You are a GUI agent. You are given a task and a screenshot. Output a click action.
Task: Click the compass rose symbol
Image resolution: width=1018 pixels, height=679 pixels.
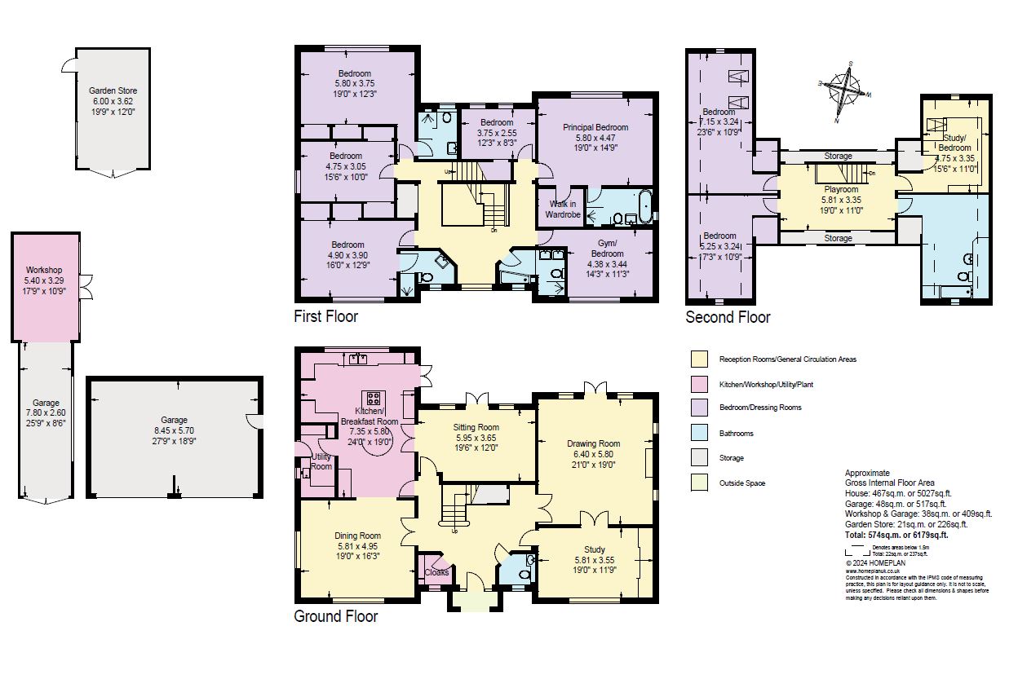click(843, 90)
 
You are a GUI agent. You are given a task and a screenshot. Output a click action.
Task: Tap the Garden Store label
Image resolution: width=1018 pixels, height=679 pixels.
click(113, 91)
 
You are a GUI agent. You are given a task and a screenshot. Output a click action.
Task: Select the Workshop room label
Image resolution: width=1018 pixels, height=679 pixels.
click(44, 270)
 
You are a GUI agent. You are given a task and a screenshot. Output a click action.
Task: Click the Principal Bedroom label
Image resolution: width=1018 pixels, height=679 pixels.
click(595, 127)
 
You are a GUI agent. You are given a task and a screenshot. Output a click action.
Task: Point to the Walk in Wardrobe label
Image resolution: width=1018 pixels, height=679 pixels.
click(564, 209)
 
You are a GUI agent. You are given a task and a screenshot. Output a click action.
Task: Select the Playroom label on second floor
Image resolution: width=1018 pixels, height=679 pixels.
click(841, 189)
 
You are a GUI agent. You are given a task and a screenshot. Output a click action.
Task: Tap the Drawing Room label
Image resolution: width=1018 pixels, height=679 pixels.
click(595, 443)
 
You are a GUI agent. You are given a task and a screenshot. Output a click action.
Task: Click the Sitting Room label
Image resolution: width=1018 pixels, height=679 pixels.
click(476, 427)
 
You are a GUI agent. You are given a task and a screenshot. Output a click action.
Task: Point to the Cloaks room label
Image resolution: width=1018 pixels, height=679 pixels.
click(436, 572)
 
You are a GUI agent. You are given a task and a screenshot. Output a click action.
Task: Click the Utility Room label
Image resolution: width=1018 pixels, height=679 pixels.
click(321, 461)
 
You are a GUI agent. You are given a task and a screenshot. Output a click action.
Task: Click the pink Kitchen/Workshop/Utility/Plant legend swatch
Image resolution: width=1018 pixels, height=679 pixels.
click(698, 383)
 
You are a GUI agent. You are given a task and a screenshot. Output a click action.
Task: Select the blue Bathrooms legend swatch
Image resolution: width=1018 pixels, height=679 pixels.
click(698, 433)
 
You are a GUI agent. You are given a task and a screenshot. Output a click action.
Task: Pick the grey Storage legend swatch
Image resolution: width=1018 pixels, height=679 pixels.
click(698, 458)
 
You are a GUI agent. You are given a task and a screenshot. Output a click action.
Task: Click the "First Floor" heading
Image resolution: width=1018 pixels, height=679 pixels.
click(325, 315)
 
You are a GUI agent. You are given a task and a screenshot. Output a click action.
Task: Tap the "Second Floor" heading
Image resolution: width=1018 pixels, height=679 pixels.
click(728, 317)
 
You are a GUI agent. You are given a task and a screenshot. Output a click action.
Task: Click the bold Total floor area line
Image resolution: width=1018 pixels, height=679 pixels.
click(896, 536)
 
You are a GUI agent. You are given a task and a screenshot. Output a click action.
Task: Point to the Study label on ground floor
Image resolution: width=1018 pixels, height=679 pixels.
click(595, 550)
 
